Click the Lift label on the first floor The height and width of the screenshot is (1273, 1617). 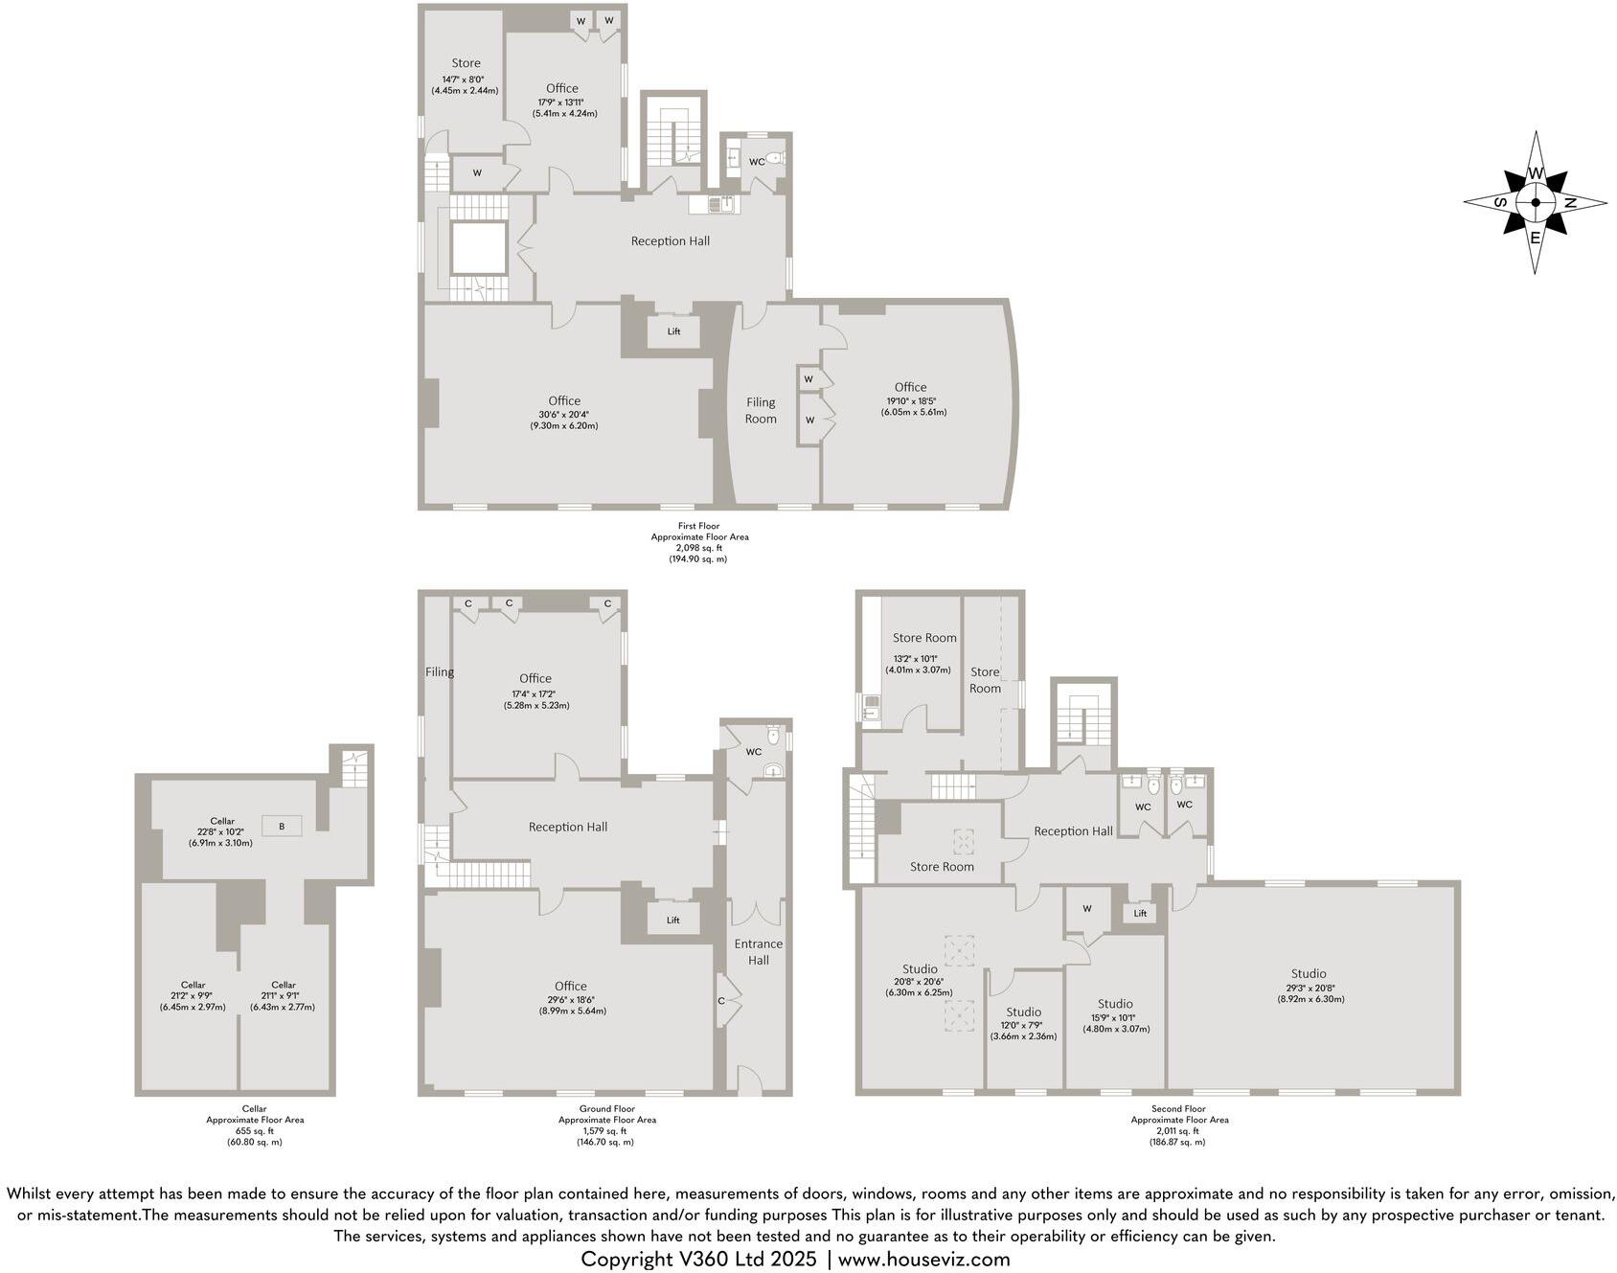pos(673,331)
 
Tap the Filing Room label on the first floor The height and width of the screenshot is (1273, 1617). pos(761,410)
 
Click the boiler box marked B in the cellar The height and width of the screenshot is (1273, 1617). pos(282,826)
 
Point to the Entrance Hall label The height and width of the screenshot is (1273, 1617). pos(758,951)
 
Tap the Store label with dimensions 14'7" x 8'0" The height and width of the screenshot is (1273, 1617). pos(466,63)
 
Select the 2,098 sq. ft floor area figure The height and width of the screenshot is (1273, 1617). pos(698,548)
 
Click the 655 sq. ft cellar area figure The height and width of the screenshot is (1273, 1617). pos(254,1130)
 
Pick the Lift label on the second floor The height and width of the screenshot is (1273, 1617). pos(1140,913)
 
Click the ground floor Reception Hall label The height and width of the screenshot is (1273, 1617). pos(568,827)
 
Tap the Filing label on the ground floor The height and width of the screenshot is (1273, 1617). pos(440,672)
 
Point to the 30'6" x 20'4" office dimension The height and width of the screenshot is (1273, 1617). pos(563,415)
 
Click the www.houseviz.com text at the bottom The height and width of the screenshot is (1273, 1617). pos(923,1259)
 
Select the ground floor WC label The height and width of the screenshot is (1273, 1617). pos(754,752)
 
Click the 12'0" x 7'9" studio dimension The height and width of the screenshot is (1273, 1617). pos(1023,1026)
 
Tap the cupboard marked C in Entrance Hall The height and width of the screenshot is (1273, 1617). pos(721,1001)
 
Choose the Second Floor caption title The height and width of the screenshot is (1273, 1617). pos(1178,1108)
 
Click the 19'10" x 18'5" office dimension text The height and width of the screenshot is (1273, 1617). pos(913,401)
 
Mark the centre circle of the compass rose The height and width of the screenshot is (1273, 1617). pos(1535,203)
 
